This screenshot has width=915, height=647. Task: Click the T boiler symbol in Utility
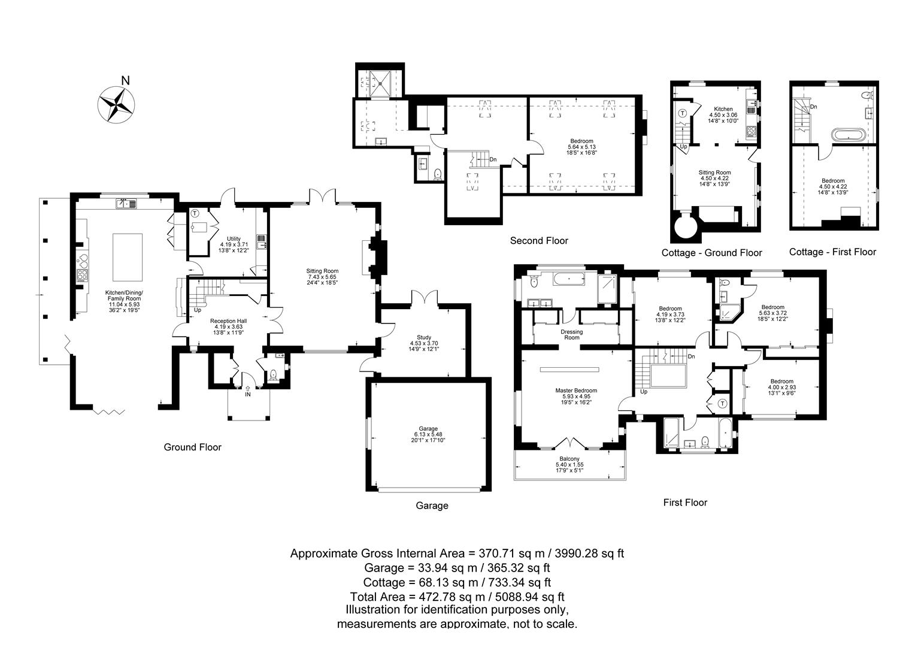tap(195, 213)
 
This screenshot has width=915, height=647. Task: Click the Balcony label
tap(569, 459)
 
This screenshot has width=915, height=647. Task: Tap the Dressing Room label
tap(572, 334)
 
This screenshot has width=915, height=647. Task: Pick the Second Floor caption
tap(539, 241)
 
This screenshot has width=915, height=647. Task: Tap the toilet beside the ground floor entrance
tap(274, 375)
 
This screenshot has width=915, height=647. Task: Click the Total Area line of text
tap(457, 597)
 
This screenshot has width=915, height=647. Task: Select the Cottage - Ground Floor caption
tap(711, 253)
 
